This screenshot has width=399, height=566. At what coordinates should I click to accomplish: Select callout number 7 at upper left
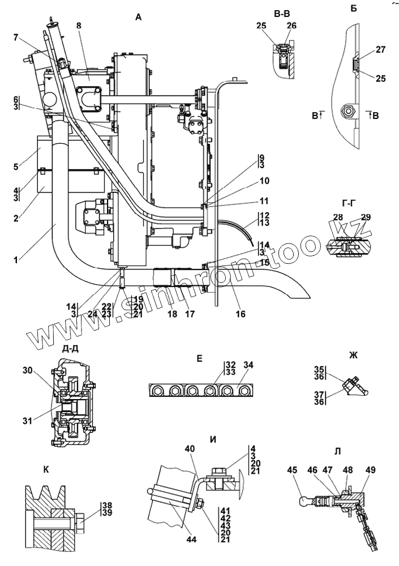pos(16,38)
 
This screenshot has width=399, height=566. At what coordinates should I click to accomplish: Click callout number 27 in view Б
pos(380,49)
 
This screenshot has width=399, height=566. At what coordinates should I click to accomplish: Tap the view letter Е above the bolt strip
pos(199,358)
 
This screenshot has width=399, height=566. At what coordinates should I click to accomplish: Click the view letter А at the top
pos(138,18)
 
